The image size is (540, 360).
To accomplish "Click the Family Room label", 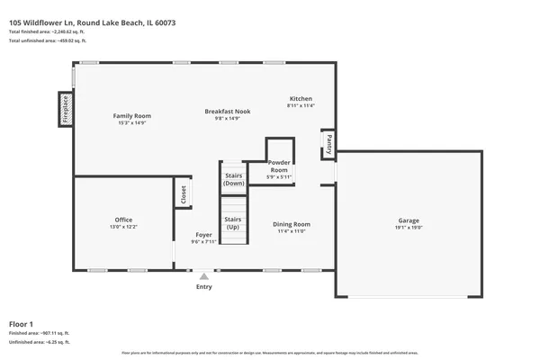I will (131, 116).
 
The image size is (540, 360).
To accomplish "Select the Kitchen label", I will (301, 98).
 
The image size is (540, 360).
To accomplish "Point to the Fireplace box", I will (66, 108).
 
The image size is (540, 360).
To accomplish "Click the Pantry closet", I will (328, 143).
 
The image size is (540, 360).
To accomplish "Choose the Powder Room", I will (279, 166).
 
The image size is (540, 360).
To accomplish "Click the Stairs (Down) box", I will (234, 179).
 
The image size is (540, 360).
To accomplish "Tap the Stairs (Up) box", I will (233, 222).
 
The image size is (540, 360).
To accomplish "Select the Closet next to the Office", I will (183, 194).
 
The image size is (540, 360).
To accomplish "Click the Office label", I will (123, 220).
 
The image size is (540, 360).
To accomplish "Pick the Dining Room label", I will (292, 224).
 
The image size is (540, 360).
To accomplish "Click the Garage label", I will (409, 220).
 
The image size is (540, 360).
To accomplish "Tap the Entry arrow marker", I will (204, 276).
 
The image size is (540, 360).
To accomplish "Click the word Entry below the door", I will (204, 287).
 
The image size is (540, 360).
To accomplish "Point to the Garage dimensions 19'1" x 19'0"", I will (409, 228).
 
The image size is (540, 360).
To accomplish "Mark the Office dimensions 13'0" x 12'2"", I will (123, 227).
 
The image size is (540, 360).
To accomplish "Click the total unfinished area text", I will (47, 41).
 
